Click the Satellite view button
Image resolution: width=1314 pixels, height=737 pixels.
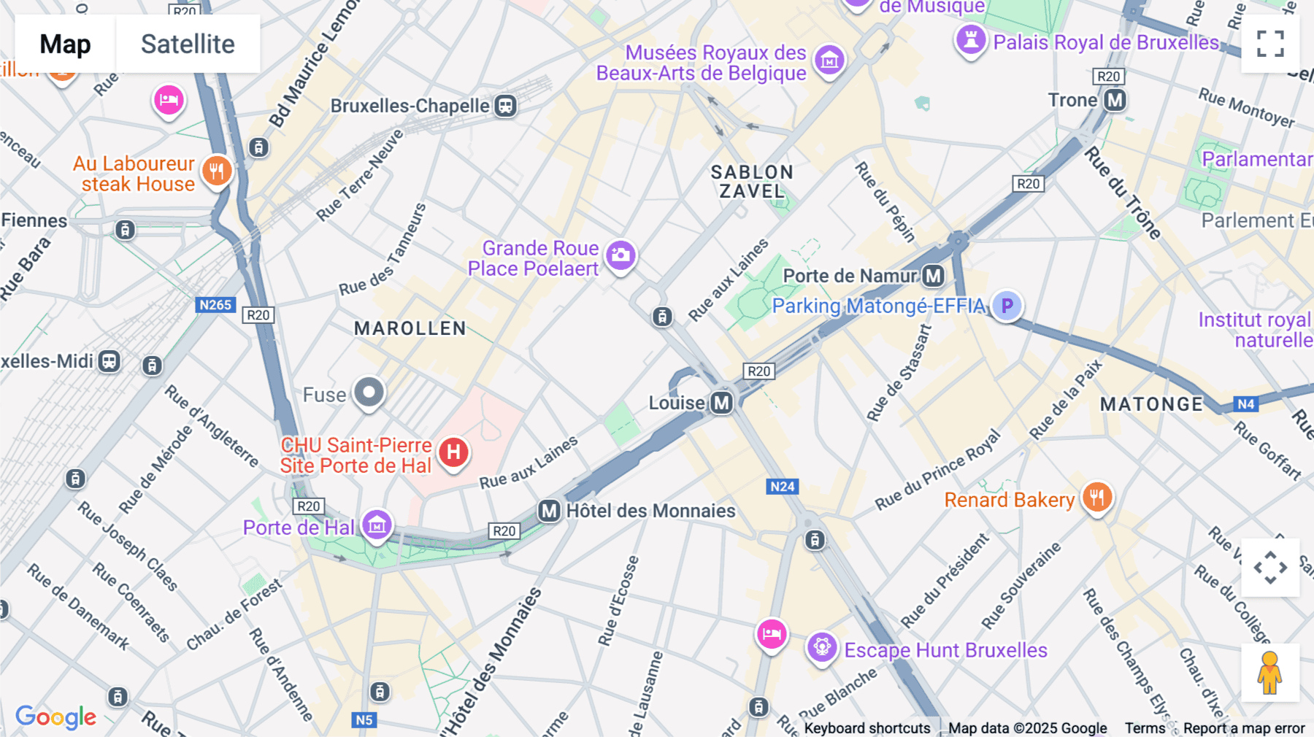[x=188, y=44]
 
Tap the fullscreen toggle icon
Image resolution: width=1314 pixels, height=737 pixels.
[x=1270, y=44]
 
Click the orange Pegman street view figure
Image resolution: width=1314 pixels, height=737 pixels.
[x=1269, y=673]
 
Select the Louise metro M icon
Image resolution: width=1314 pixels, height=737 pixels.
[x=721, y=403]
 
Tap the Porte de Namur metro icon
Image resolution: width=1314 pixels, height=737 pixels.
[x=933, y=276]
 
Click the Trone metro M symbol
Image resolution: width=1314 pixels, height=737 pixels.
[x=1115, y=100]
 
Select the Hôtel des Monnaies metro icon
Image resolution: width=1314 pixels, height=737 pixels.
[x=549, y=511]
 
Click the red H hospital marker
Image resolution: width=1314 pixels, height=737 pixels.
[x=453, y=452]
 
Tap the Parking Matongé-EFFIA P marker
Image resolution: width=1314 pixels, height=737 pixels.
[x=1007, y=306]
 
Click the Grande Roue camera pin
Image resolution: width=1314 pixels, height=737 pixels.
[x=621, y=255]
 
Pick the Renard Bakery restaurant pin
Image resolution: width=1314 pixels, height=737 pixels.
[x=1096, y=498]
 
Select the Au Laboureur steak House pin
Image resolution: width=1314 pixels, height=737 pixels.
[x=216, y=171]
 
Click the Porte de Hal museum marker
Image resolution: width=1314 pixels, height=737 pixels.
[x=377, y=524]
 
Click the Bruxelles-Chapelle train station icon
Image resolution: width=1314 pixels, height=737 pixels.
[x=505, y=106]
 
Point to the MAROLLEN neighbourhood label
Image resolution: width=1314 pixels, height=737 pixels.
[x=410, y=328]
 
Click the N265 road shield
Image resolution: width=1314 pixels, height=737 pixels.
[x=215, y=305]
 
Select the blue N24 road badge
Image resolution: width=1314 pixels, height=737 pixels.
[x=782, y=487]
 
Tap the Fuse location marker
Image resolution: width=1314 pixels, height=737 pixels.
[x=369, y=393]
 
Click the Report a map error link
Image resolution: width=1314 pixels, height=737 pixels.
[x=1243, y=728]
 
